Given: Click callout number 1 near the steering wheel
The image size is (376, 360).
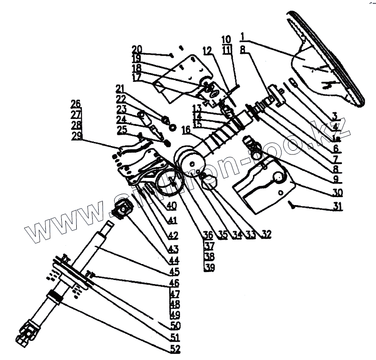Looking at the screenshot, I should tap(243, 37).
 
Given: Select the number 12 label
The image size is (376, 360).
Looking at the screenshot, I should tap(208, 50).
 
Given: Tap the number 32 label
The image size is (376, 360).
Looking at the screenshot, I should tap(267, 233).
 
